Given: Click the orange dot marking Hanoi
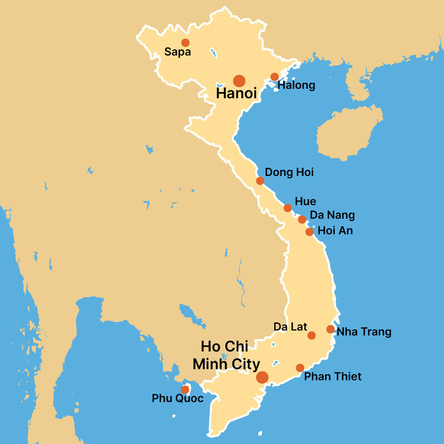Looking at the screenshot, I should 239,80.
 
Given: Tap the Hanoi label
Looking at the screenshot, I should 236,94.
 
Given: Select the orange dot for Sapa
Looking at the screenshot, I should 185,43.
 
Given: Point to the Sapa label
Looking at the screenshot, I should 178,53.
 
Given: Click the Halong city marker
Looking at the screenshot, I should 274,77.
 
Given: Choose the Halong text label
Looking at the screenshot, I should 296,85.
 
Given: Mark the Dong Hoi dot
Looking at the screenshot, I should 260,181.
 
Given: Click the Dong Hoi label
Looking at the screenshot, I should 289,173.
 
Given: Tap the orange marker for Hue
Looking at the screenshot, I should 287,208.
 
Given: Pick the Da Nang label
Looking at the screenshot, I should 332,215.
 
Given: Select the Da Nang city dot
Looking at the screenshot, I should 302,220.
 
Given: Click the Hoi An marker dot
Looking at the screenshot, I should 310,232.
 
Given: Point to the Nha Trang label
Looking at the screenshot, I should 364,332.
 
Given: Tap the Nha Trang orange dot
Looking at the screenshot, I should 330,329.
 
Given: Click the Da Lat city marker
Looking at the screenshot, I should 311,335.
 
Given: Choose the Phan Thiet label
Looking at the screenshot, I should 333,377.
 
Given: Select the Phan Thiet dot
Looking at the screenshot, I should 300,368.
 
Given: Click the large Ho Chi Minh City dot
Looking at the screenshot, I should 263,378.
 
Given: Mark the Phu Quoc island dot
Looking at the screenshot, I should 185,390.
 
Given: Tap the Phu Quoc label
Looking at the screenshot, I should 178,398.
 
